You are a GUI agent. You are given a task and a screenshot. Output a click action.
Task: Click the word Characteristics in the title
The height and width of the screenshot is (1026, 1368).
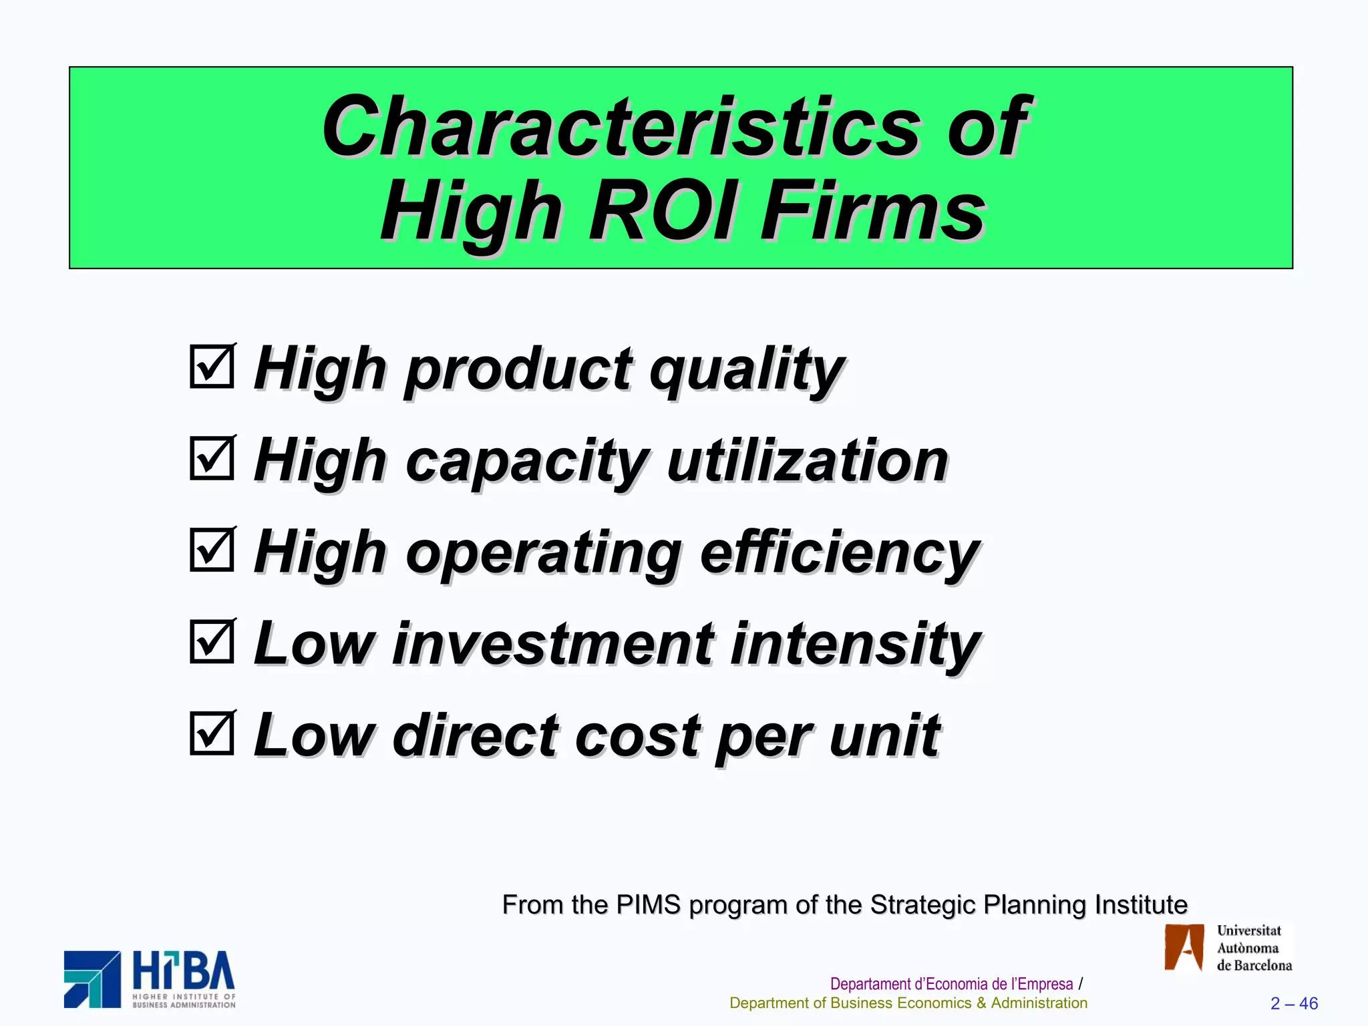[621, 127]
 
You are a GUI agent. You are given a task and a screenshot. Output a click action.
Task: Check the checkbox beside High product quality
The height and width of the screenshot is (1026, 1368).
[212, 366]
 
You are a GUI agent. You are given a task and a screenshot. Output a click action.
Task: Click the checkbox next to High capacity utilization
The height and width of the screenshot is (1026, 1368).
[212, 458]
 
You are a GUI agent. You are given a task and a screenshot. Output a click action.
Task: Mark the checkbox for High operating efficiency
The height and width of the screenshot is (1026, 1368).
[212, 550]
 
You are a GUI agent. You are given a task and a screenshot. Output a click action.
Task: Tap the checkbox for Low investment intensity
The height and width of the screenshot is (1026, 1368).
[212, 642]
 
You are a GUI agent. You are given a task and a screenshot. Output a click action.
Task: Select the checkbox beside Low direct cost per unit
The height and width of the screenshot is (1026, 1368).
[212, 733]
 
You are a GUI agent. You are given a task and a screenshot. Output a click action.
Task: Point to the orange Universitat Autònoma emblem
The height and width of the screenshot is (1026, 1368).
[1184, 947]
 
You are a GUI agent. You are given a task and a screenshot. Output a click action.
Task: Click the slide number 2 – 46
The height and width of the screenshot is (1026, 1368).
[1294, 1003]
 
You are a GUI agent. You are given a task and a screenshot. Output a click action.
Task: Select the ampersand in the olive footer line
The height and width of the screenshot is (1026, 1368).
[981, 1003]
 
